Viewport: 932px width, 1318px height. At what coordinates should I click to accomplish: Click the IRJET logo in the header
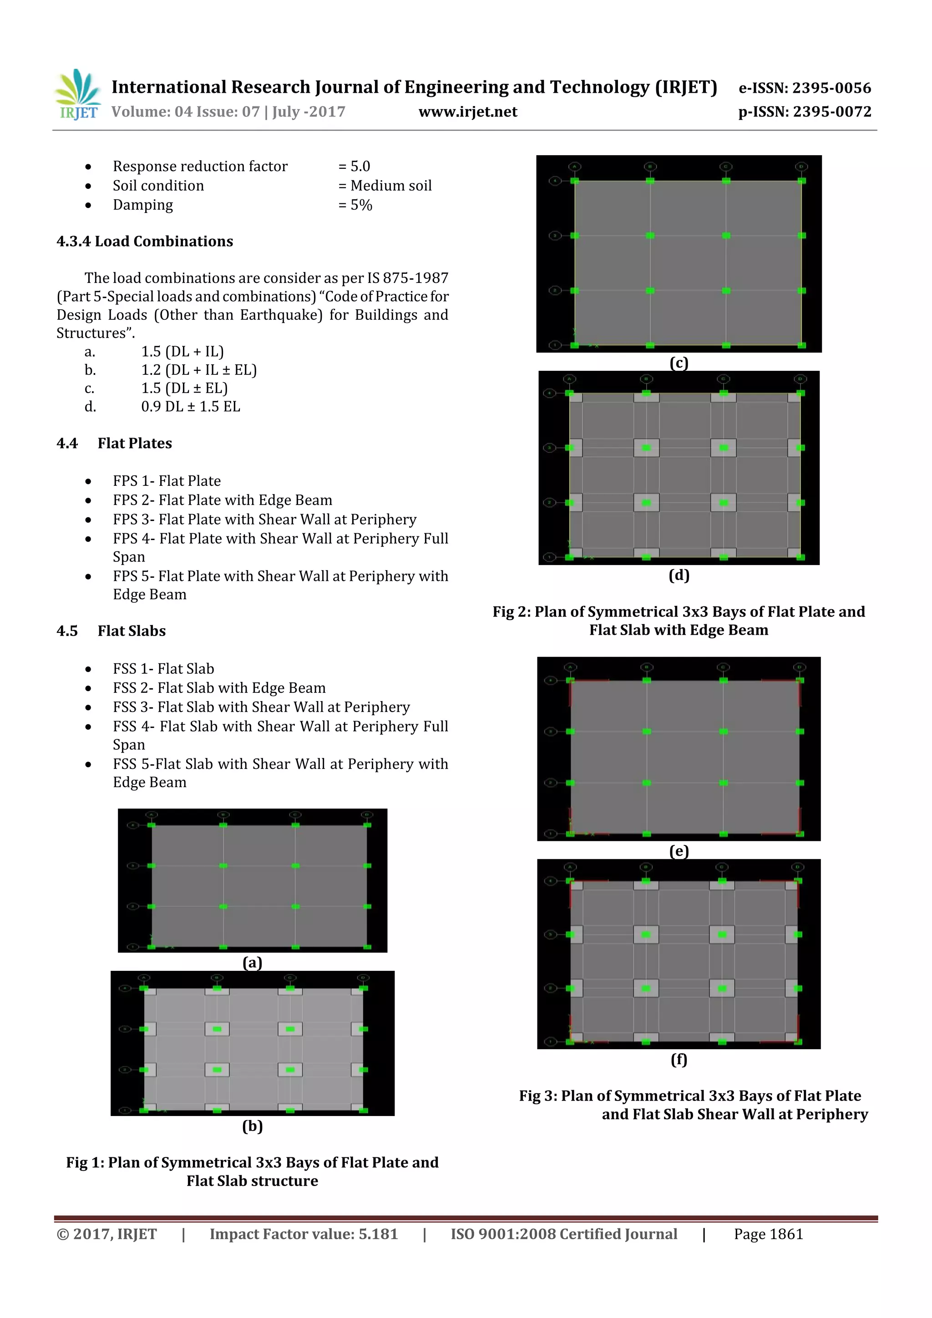(77, 95)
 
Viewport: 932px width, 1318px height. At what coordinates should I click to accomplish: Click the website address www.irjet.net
(467, 112)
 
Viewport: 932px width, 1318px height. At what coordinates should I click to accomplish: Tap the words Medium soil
(390, 186)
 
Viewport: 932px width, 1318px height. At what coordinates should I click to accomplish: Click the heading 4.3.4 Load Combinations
(145, 242)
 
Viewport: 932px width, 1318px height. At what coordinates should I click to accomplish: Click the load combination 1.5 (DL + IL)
(182, 352)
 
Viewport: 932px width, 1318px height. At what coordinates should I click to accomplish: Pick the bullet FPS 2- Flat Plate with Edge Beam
(222, 500)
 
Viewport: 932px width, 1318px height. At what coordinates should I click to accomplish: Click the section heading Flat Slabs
(132, 631)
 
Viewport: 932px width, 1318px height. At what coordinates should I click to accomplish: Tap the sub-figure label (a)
(252, 963)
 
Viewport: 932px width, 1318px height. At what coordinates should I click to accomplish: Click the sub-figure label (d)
(679, 575)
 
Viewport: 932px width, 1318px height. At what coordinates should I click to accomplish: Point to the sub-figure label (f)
(679, 1060)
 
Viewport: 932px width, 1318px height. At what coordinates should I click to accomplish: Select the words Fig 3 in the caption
(537, 1096)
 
